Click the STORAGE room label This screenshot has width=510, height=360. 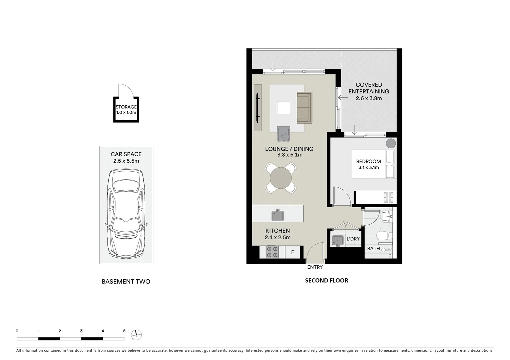click(x=126, y=107)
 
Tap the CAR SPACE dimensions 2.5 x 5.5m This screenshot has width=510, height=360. click(x=126, y=161)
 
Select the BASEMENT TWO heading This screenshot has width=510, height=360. click(x=126, y=282)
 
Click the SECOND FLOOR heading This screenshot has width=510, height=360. click(x=327, y=281)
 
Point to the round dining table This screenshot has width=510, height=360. click(x=281, y=178)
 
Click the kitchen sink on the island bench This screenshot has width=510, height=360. click(x=277, y=215)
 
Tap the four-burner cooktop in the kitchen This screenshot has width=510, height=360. click(x=272, y=252)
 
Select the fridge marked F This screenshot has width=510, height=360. click(x=293, y=252)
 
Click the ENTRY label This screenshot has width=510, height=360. click(x=315, y=267)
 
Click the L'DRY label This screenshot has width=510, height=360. click(x=353, y=239)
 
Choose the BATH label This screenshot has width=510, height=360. click(x=373, y=249)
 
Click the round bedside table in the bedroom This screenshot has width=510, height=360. click(x=391, y=143)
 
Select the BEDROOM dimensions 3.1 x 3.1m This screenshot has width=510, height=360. click(x=369, y=168)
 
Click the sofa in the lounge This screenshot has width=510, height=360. click(x=304, y=107)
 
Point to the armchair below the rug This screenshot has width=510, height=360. click(x=284, y=134)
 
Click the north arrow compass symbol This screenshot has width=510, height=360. click(x=136, y=335)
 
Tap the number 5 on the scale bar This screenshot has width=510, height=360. click(x=124, y=331)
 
